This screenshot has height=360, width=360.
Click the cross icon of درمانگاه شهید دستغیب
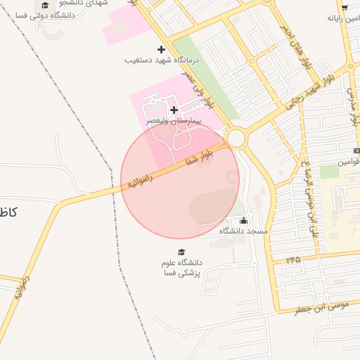(162, 49)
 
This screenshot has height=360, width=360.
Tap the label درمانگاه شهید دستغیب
(162, 61)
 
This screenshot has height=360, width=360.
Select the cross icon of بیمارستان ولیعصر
(174, 110)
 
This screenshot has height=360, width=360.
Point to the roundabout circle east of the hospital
(236, 137)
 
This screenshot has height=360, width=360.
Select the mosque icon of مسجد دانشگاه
(244, 220)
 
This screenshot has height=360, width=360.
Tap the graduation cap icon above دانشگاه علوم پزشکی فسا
(181, 252)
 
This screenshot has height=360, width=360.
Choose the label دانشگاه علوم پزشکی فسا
(181, 268)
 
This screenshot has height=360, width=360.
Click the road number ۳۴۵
(292, 259)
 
